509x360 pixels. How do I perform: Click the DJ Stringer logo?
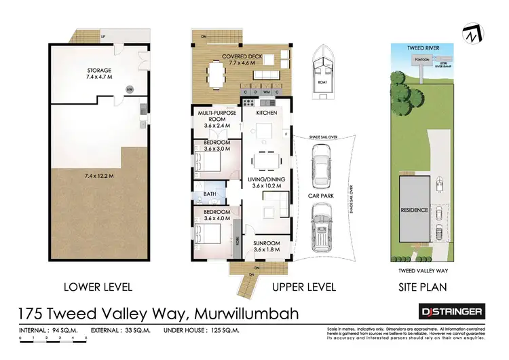click(450, 311)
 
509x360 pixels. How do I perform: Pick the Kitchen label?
click(266, 115)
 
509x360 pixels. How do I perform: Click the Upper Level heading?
click(304, 287)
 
